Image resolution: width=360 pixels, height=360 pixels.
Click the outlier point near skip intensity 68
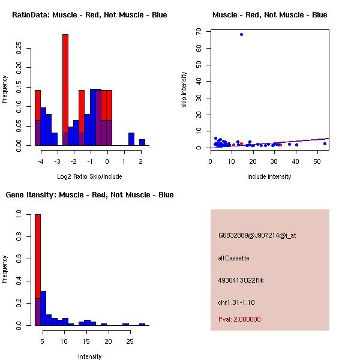pyautogui.click(x=241, y=34)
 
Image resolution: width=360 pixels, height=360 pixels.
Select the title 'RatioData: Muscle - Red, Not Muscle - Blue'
pyautogui.click(x=89, y=15)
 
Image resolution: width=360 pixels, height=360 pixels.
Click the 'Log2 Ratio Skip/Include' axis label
pyautogui.click(x=89, y=176)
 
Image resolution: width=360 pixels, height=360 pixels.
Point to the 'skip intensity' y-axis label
pyautogui.click(x=184, y=90)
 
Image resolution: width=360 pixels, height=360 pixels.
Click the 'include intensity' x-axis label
pyautogui.click(x=269, y=176)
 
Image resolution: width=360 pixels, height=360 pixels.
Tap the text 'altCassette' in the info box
pyautogui.click(x=233, y=258)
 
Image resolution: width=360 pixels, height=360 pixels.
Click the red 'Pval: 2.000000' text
pyautogui.click(x=239, y=319)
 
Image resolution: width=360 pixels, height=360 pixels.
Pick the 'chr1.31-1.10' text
pyautogui.click(x=236, y=302)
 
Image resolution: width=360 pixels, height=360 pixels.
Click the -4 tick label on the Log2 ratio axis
pyautogui.click(x=41, y=161)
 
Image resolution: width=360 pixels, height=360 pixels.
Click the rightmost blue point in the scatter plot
pyautogui.click(x=325, y=143)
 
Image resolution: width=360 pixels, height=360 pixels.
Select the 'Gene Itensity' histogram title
pyautogui.click(x=89, y=195)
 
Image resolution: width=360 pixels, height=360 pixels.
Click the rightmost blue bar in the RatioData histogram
pyautogui.click(x=142, y=142)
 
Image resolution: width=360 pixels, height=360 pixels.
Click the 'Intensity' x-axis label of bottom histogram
pyautogui.click(x=90, y=356)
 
